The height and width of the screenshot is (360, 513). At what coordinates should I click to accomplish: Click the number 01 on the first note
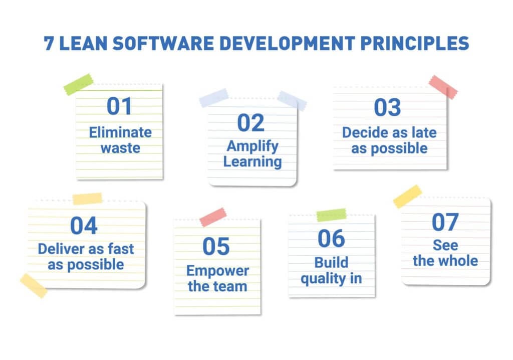[120, 106]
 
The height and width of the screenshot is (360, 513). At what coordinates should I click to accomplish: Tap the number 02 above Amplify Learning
[251, 123]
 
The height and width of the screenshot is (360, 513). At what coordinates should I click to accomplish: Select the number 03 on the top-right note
[388, 107]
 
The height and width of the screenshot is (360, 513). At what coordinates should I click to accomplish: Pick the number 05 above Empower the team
[216, 246]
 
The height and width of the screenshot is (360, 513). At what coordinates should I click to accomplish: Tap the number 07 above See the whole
[445, 223]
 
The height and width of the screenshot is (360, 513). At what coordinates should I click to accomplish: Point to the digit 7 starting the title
[49, 44]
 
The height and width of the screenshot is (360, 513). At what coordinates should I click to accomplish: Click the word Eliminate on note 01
[120, 132]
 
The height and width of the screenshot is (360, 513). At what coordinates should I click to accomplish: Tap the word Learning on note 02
[252, 161]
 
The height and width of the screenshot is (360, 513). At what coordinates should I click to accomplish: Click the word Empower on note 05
[217, 271]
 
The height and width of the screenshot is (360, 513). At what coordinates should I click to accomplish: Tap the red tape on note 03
[443, 87]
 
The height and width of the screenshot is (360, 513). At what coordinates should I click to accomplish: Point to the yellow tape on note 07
[407, 197]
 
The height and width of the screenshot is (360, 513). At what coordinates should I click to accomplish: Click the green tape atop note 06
[331, 215]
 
